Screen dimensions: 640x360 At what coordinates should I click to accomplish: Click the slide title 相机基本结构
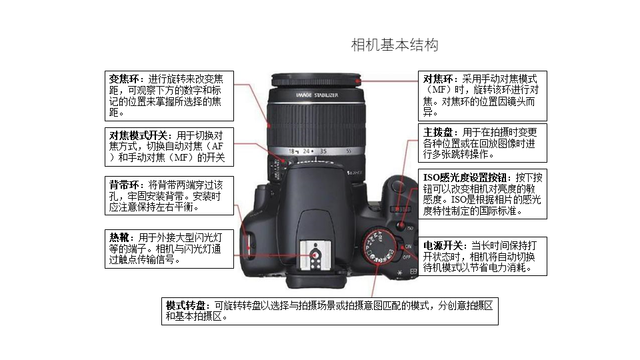[x=395, y=45]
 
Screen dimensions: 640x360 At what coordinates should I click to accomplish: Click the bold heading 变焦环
[x=124, y=79]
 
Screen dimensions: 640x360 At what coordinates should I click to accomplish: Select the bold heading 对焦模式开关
[x=138, y=135]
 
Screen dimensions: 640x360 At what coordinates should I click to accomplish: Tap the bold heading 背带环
[x=124, y=185]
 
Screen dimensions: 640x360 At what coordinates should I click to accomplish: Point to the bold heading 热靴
[x=119, y=237]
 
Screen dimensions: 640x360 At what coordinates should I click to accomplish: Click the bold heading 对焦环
[x=438, y=79]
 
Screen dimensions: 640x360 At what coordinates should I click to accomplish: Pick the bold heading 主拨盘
[x=438, y=132]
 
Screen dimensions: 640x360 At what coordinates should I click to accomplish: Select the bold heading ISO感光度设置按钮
[x=465, y=177]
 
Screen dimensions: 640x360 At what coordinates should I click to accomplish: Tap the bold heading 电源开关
[x=443, y=246]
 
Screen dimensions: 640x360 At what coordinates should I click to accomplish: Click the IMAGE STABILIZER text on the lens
[x=317, y=95]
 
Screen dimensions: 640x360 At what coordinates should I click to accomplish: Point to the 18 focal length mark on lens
[x=292, y=151]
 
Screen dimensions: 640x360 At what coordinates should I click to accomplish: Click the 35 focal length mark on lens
[x=323, y=151]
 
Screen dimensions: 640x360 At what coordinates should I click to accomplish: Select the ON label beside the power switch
[x=408, y=247]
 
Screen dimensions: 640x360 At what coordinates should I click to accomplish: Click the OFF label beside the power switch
[x=407, y=257]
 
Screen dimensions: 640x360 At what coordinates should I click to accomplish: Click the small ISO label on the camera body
[x=410, y=228]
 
